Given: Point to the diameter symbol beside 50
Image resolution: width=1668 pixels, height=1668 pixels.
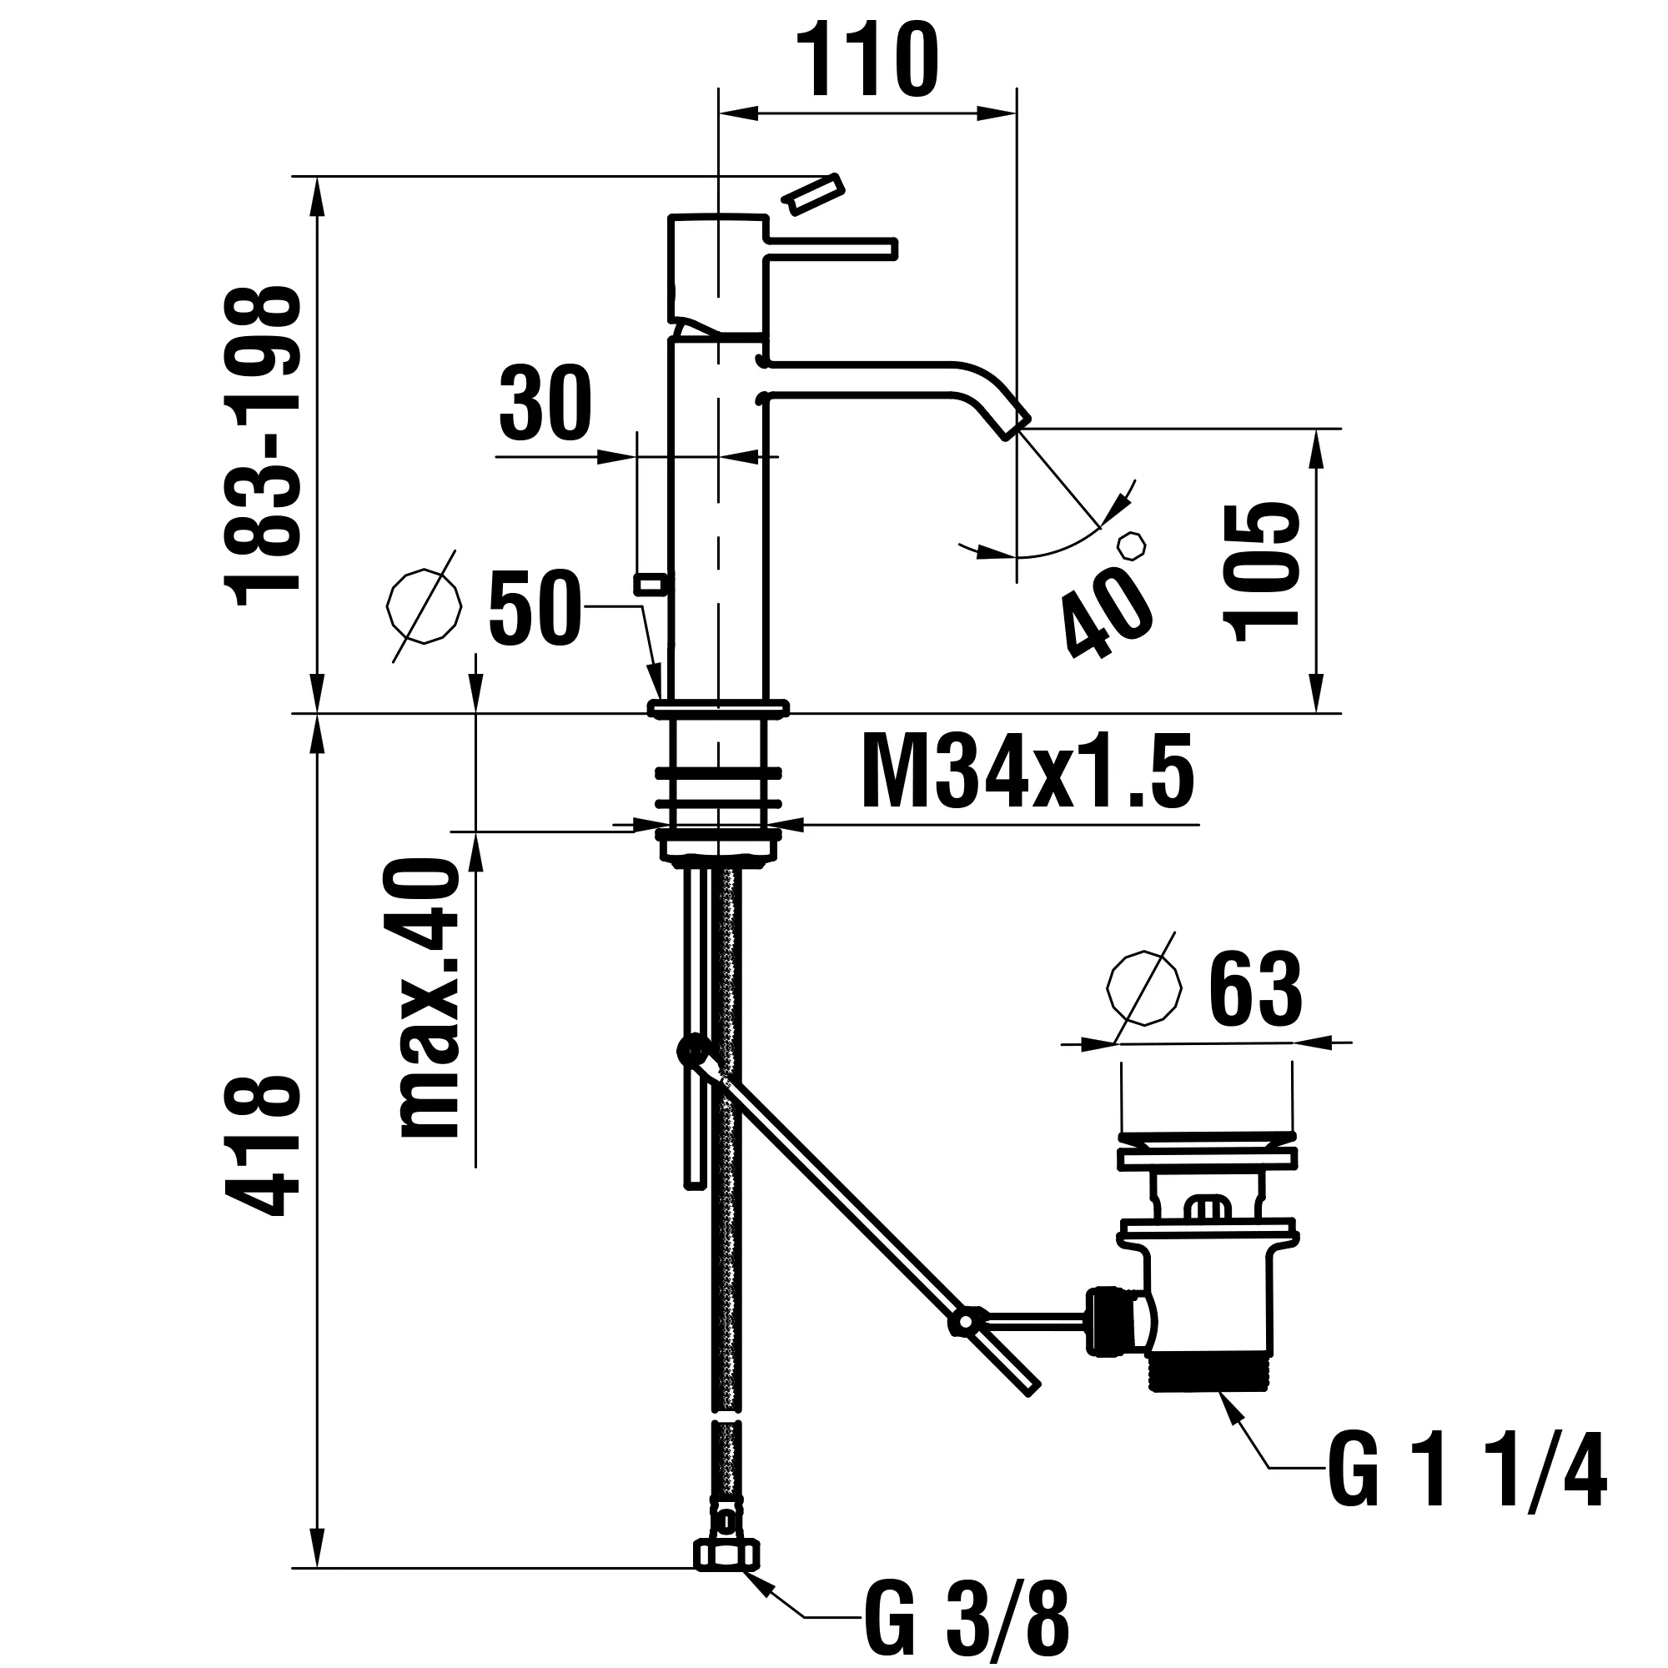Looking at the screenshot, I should coord(424,606).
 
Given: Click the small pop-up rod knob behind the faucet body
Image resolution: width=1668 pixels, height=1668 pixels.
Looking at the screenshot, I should coord(651,584).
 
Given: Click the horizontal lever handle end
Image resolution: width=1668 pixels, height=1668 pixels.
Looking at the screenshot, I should coord(889,249).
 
